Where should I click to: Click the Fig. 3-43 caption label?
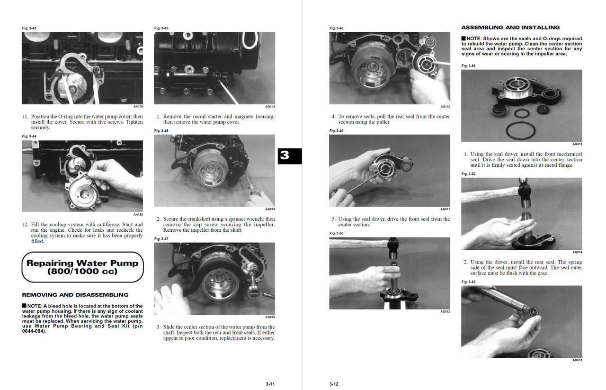[29, 28]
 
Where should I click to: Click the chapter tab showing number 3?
[289, 155]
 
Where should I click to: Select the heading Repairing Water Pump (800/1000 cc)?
[82, 267]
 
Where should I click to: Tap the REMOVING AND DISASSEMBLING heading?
[75, 295]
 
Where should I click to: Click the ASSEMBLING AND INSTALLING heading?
[510, 27]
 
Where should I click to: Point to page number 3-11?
[270, 384]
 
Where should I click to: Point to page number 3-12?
[334, 384]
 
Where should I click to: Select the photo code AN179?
[138, 107]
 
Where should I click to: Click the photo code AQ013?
[577, 144]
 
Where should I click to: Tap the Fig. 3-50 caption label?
[336, 234]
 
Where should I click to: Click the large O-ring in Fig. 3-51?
[521, 131]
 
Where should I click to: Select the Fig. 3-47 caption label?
[161, 239]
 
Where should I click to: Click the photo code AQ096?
[270, 317]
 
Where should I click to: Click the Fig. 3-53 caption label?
[468, 282]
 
